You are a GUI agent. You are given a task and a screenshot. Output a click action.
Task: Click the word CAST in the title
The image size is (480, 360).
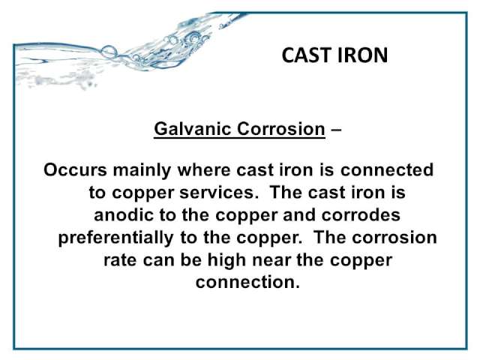307,55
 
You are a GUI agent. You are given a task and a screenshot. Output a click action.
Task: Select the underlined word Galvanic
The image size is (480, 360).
192,128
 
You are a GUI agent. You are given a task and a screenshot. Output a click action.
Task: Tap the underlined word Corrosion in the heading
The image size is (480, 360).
281,128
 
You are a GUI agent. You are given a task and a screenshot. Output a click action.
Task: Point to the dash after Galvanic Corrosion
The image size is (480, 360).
336,130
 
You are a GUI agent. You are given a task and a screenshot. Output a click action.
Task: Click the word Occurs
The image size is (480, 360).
75,169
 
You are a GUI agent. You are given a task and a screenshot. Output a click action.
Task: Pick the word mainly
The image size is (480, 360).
142,170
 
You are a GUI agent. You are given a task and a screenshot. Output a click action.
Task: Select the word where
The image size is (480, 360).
204,169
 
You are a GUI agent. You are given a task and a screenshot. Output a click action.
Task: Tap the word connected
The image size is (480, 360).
387,169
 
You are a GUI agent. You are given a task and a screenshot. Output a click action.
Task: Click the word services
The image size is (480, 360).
219,193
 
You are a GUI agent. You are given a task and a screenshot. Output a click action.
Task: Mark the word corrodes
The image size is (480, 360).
361,214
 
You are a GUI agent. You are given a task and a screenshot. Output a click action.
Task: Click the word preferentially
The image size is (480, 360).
115,238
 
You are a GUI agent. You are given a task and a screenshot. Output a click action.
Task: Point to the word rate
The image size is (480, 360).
120,260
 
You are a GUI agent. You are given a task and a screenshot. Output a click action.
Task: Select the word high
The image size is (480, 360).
226,261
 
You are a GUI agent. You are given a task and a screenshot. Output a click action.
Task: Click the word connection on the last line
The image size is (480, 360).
247,282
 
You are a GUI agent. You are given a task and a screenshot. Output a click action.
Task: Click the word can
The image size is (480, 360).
157,261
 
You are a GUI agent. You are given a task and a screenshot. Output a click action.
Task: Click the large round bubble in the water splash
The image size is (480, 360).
109,52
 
